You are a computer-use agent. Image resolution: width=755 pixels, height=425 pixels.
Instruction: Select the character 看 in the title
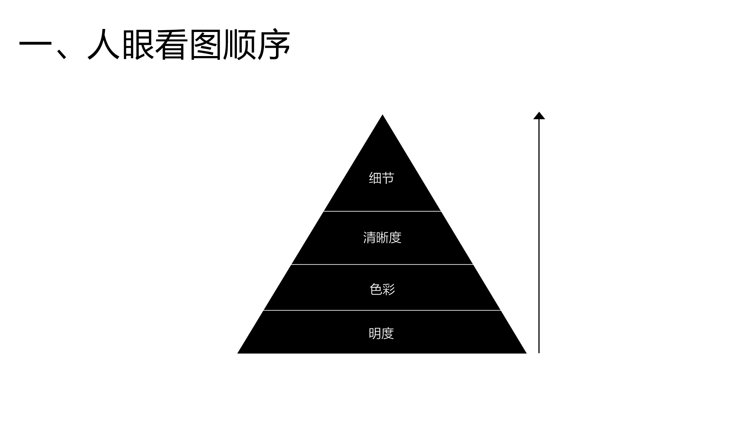171,44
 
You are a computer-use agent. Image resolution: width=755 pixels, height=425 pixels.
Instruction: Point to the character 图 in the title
205,44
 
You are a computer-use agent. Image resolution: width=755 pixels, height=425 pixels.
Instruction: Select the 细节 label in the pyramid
382,178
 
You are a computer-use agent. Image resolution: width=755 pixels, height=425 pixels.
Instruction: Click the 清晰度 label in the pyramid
382,238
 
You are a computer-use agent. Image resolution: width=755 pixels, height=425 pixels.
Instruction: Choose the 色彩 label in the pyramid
382,289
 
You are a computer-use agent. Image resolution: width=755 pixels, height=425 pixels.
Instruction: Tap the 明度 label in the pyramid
381,333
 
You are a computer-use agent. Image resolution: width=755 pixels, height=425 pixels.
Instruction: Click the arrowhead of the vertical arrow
539,115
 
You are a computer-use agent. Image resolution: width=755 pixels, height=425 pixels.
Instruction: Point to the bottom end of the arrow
539,352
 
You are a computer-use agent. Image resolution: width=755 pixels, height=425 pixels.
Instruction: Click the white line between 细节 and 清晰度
382,211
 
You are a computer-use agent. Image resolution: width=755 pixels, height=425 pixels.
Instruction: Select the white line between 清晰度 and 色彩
382,264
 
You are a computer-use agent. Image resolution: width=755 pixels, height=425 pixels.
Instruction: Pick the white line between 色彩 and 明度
382,310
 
